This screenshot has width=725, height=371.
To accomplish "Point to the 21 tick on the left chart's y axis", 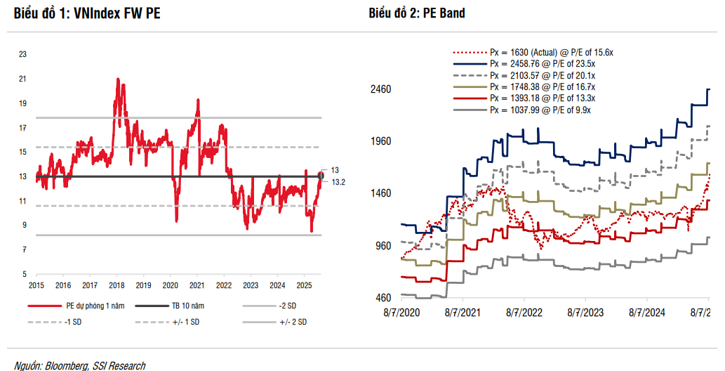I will pyautogui.click(x=22, y=79).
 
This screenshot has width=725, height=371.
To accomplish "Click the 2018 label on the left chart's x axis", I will pyautogui.click(x=117, y=285).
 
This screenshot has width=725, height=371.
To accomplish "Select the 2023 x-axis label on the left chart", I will pyautogui.click(x=251, y=285).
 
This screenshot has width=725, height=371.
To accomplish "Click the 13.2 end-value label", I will pyautogui.click(x=338, y=182).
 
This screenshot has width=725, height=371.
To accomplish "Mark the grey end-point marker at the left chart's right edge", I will pyautogui.click(x=321, y=175).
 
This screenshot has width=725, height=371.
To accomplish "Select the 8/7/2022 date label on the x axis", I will pyautogui.click(x=524, y=312).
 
